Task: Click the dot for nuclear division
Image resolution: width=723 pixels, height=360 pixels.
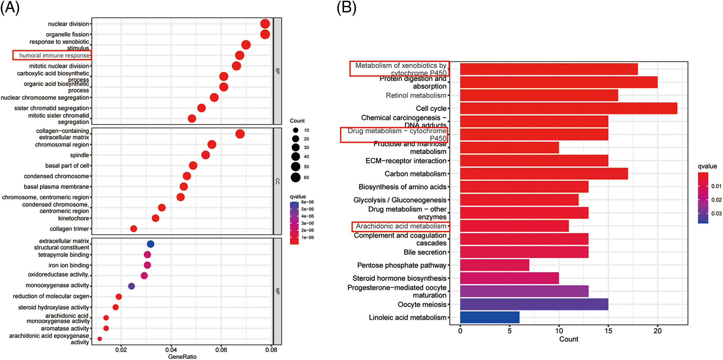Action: tap(265, 24)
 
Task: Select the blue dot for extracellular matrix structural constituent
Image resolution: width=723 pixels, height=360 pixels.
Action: tap(150, 244)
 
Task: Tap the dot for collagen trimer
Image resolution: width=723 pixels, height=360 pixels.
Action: tap(133, 229)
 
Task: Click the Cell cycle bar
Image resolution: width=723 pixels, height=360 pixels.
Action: tap(568, 108)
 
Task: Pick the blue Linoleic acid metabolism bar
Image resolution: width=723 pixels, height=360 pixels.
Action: tap(490, 318)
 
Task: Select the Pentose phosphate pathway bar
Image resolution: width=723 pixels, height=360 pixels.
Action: tap(495, 265)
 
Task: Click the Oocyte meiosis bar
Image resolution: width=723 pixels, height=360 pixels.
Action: tap(534, 304)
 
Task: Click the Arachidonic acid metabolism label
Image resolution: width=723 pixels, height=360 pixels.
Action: tap(401, 226)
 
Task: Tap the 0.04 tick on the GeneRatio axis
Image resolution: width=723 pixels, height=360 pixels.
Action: tap(171, 350)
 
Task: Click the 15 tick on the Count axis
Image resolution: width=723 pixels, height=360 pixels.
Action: tap(608, 331)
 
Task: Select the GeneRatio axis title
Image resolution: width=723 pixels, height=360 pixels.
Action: tap(182, 357)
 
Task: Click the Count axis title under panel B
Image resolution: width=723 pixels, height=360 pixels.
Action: tap(569, 339)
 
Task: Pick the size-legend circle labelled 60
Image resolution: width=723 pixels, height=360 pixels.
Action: tap(296, 178)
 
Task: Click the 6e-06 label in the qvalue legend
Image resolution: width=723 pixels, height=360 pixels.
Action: tap(308, 202)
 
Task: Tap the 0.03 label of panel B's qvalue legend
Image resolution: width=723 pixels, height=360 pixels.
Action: tap(716, 214)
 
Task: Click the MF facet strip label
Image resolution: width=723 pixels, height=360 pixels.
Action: tap(278, 291)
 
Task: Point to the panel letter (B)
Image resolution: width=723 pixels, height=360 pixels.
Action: tap(346, 8)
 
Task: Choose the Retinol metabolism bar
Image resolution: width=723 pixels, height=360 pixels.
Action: tap(539, 95)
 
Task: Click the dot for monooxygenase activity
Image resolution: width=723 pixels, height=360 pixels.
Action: tap(131, 286)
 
